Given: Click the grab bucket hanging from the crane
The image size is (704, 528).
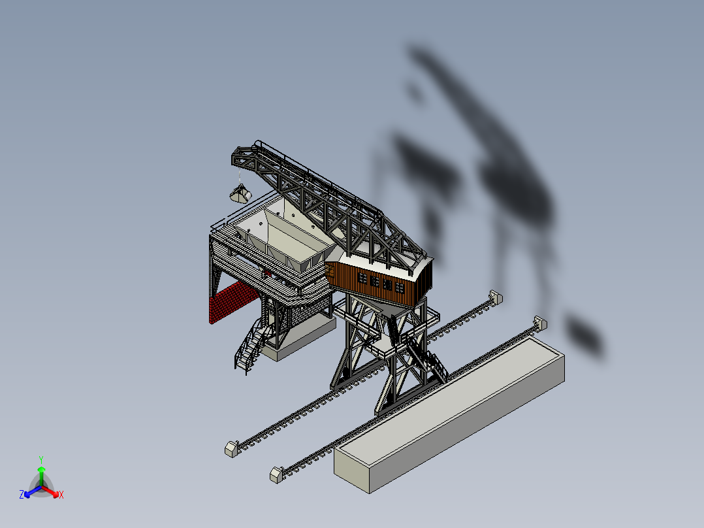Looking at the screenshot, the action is pos(240,193).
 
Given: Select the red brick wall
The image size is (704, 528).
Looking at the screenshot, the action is pos(234,301).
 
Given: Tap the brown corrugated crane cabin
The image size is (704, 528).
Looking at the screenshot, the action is pos(378,281).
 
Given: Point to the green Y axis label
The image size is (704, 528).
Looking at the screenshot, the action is pos(41,459).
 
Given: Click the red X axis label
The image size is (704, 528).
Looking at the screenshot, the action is pos(61,495).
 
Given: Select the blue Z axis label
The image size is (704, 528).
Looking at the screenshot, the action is pos(22,494).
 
